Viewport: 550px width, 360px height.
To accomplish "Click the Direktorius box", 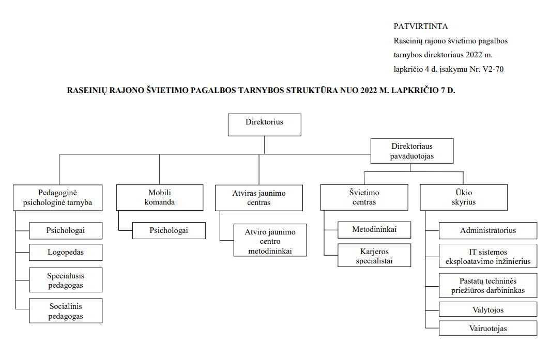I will click(x=264, y=124).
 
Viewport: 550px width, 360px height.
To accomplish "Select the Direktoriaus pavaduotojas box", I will click(x=412, y=151).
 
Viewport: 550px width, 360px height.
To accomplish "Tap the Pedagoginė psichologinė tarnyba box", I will click(x=58, y=197).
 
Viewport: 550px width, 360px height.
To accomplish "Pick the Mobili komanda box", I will click(x=159, y=197).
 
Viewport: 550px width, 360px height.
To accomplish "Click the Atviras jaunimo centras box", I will click(x=258, y=198).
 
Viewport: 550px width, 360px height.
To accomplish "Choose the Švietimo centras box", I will click(x=364, y=197).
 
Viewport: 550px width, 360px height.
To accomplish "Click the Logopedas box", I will click(x=66, y=253).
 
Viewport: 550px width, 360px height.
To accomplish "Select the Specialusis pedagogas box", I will click(x=66, y=280).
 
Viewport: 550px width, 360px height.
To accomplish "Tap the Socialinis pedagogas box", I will click(x=66, y=311).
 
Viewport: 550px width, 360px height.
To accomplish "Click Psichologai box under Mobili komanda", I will click(x=169, y=230).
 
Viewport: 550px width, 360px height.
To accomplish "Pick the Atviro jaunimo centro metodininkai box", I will click(x=270, y=240).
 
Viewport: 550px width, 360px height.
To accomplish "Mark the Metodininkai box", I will click(x=374, y=229).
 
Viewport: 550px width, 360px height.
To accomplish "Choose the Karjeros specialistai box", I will click(x=374, y=256).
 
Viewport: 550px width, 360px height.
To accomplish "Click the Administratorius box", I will click(x=488, y=230).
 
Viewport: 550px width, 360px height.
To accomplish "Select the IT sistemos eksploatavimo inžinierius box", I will click(x=488, y=257).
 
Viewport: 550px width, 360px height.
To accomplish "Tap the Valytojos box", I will click(x=488, y=310).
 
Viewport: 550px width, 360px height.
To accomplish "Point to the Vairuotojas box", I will click(x=488, y=328).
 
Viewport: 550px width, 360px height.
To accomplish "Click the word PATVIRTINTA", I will click(x=420, y=26).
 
